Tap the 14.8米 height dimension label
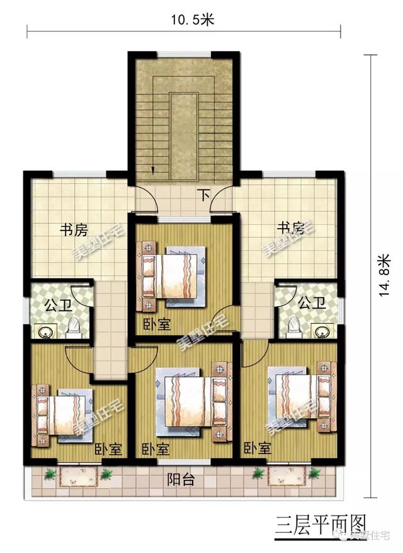click(x=385, y=280)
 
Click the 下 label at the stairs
click(x=204, y=195)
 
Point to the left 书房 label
click(x=74, y=231)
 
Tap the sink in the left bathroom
click(x=45, y=332)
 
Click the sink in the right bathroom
click(x=322, y=331)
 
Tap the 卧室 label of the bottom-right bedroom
click(x=257, y=449)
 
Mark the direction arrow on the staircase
click(x=153, y=169)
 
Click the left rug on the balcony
click(x=78, y=477)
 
